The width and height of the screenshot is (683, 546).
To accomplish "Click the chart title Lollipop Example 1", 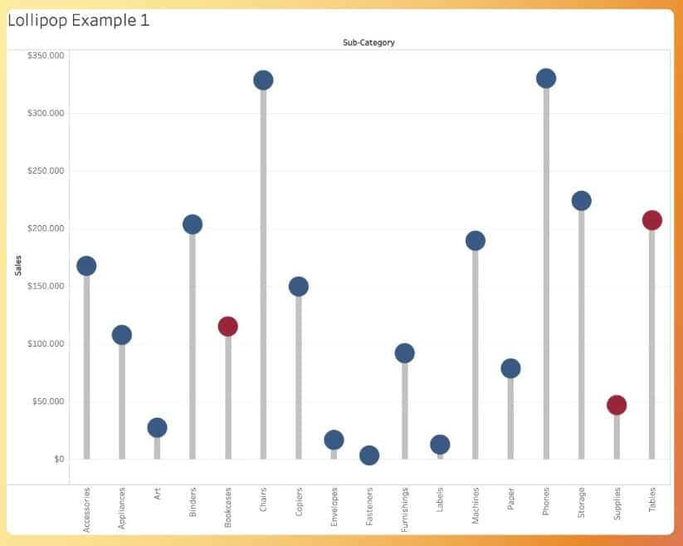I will (x=79, y=20).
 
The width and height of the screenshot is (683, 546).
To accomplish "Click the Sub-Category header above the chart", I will (x=368, y=42).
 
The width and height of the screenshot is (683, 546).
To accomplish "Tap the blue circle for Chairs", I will (x=263, y=80).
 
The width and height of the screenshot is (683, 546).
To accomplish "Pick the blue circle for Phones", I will (x=546, y=78).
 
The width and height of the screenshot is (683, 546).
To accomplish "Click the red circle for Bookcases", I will (x=227, y=327).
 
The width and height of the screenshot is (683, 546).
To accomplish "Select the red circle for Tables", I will (x=651, y=220).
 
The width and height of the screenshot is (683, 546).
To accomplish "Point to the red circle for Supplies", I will (x=617, y=405).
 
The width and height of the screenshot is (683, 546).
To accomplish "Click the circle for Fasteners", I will (x=369, y=455).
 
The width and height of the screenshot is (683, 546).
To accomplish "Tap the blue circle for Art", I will (x=157, y=427).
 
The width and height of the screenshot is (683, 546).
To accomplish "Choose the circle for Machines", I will (x=475, y=241).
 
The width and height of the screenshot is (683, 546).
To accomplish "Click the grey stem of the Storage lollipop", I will (x=581, y=332).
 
